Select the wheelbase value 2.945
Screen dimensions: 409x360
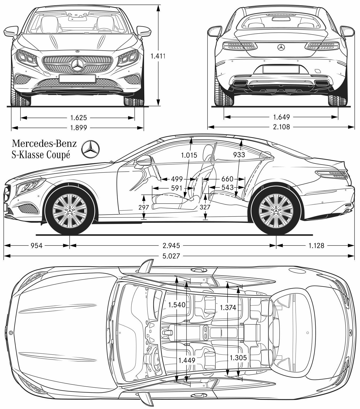coord(172,245)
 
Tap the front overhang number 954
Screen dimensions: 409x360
coord(37,245)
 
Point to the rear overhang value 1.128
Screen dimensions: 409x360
coord(316,245)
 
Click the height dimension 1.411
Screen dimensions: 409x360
coord(158,56)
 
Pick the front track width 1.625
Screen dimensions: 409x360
coord(79,117)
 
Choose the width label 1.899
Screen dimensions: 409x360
coord(78,128)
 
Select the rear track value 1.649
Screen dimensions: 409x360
coord(281,117)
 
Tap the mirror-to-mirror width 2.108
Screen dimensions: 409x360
coord(281,127)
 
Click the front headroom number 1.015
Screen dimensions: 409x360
coord(189,155)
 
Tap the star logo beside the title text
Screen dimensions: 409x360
coord(90,149)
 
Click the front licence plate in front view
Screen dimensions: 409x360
coord(77,79)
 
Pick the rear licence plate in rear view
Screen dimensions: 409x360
coord(280,69)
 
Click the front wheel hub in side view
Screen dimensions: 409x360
coord(70,210)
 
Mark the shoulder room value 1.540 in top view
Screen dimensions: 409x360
coord(177,305)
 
